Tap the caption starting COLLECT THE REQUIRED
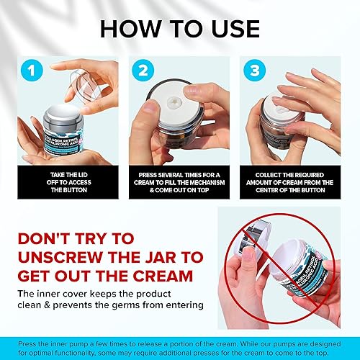(293, 179)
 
